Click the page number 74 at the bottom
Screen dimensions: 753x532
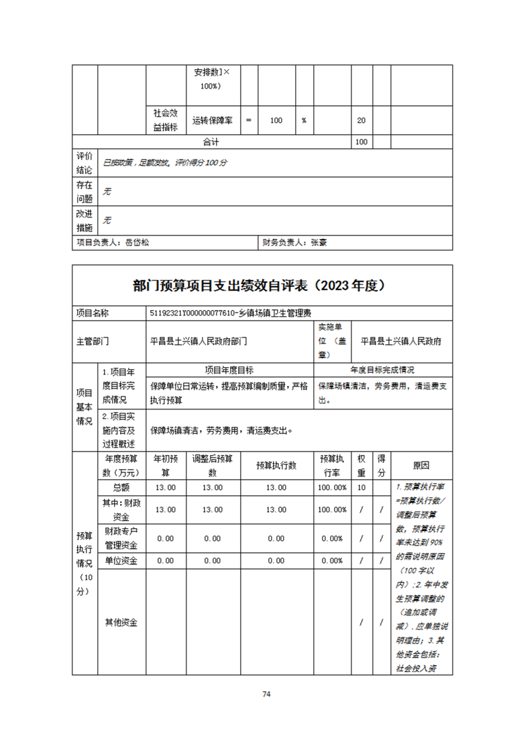point(266,694)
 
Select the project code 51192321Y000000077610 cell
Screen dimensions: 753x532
point(232,313)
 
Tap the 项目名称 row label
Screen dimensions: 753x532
point(93,313)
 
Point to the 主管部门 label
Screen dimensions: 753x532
point(93,341)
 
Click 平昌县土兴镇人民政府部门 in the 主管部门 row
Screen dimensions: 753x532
point(199,341)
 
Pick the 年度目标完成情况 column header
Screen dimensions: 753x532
point(382,370)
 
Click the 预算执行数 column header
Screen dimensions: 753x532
point(276,465)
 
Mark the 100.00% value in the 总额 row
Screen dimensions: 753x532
point(332,487)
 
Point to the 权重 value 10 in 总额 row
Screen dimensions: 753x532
point(361,487)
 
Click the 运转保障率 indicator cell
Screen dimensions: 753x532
point(212,121)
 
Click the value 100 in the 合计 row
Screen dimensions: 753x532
point(361,142)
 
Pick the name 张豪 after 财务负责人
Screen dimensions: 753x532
point(318,243)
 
